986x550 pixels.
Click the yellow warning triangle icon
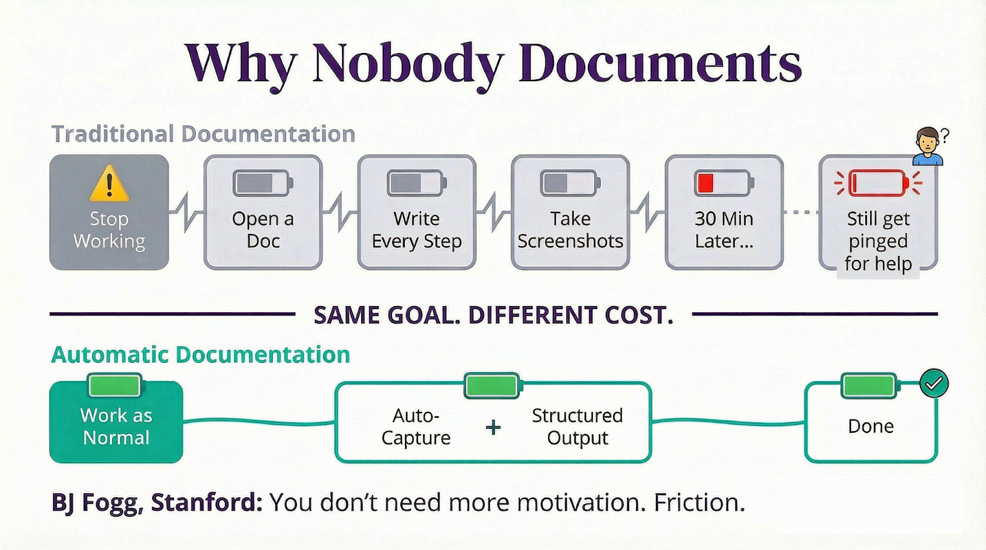coord(109,184)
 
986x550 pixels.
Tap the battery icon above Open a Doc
coord(263,183)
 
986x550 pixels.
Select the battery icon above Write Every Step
coord(417,183)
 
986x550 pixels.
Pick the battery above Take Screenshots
coord(570,183)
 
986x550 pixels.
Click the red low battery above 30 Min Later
coord(723,183)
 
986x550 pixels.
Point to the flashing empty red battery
coord(878,183)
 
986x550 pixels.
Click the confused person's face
coord(927,142)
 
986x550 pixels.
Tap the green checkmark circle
coord(934,383)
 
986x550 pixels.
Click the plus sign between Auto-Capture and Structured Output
coord(493,427)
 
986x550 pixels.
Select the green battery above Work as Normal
coord(115,386)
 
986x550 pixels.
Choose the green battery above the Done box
coord(870,386)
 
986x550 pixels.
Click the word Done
coord(870,426)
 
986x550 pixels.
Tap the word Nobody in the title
coord(407,64)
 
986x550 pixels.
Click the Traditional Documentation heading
coord(203,134)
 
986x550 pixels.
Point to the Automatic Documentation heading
coord(200,355)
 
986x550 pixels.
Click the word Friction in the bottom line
coord(699,503)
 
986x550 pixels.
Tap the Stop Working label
coord(109,230)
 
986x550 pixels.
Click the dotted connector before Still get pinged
coord(801,212)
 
